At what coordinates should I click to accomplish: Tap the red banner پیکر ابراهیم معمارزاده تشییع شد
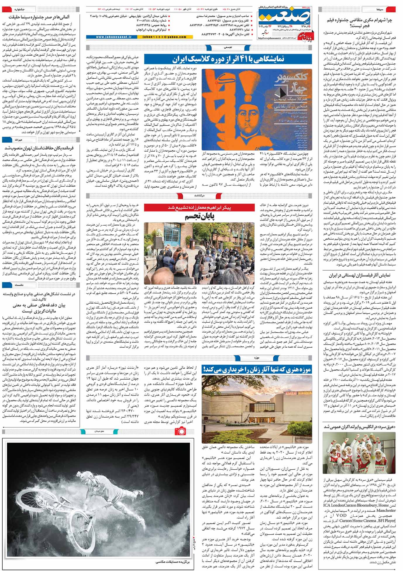point(199,207)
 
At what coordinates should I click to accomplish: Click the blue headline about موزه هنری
point(257,370)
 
